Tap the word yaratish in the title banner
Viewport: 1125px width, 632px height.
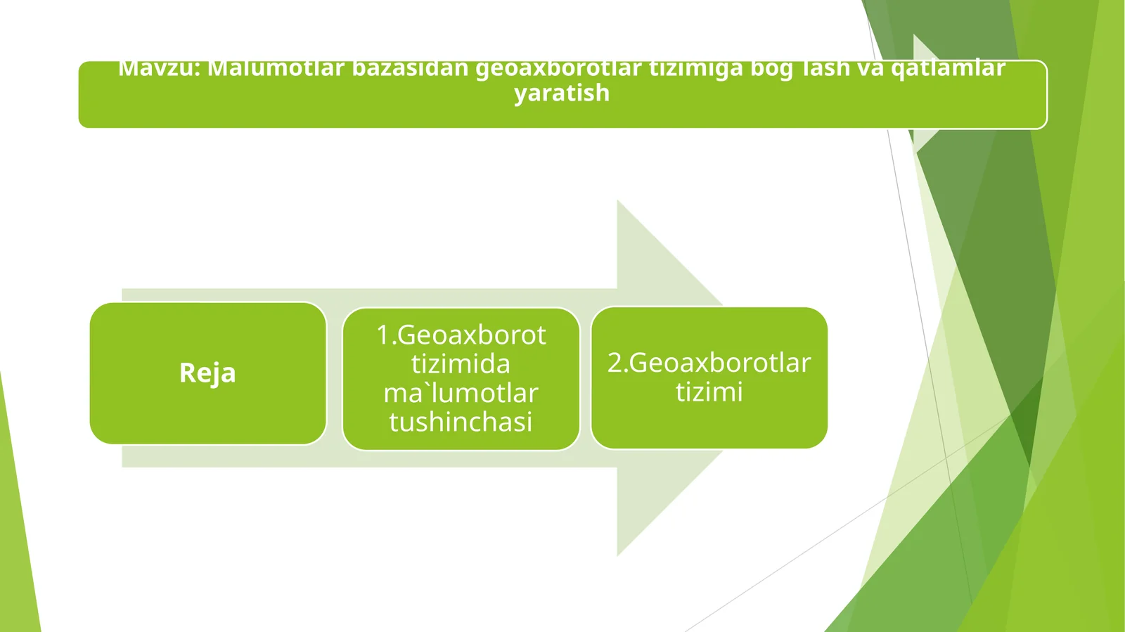[562, 93]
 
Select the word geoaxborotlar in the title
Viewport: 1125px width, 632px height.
[559, 69]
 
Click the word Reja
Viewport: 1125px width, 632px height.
[207, 373]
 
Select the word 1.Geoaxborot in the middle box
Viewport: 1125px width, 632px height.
[461, 335]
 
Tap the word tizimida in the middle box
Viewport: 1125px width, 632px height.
[461, 364]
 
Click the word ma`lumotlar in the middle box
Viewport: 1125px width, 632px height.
[461, 393]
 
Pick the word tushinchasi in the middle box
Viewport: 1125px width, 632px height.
[461, 422]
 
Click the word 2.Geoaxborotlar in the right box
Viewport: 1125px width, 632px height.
[709, 363]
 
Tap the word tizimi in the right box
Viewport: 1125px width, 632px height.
[709, 392]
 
